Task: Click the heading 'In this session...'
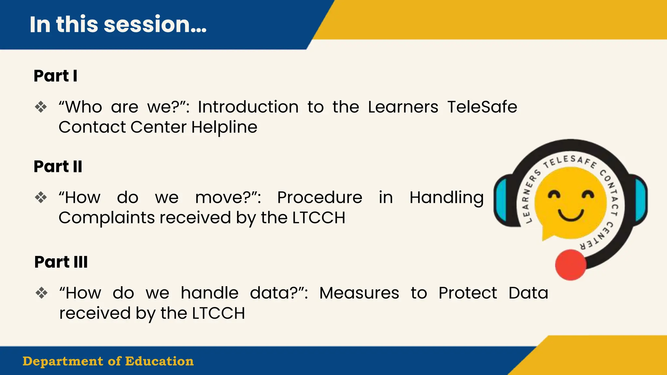click(x=118, y=24)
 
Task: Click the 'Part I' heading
click(x=55, y=76)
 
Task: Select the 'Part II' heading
click(x=58, y=166)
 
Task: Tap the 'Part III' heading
click(x=61, y=262)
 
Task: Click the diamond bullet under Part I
click(x=41, y=107)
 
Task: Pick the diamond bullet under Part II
click(x=41, y=197)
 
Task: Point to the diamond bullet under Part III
click(x=41, y=293)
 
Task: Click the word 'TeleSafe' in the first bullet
click(x=482, y=107)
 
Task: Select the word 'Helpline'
click(x=224, y=127)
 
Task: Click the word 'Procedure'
click(x=319, y=197)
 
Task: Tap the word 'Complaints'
click(x=107, y=217)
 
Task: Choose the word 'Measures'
click(x=359, y=293)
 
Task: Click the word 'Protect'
click(x=467, y=293)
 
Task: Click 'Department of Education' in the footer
click(x=108, y=361)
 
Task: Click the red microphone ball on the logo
click(x=570, y=265)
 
